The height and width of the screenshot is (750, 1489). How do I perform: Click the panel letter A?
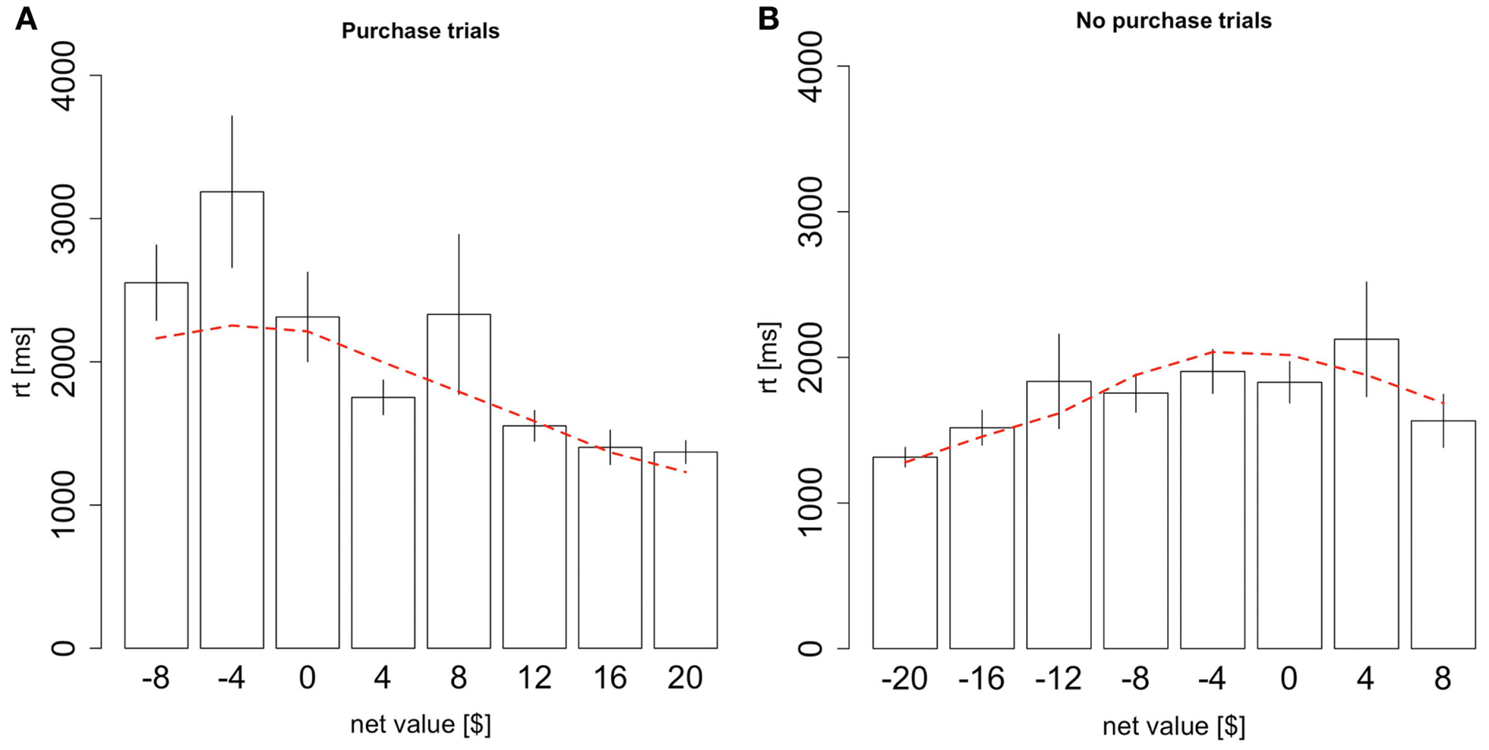tap(26, 18)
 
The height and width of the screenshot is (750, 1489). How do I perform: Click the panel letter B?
tap(768, 18)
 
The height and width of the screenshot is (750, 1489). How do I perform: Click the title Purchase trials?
tap(420, 31)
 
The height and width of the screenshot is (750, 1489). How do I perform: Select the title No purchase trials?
tap(1173, 20)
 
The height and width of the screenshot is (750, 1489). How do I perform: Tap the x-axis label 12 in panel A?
tap(534, 678)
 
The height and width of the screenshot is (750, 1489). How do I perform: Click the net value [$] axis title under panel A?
tap(420, 724)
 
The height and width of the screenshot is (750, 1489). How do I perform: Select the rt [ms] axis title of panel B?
tap(768, 357)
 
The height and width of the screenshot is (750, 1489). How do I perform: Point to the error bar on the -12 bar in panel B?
tap(1059, 381)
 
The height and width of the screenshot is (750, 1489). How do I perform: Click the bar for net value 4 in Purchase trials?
tap(383, 524)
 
